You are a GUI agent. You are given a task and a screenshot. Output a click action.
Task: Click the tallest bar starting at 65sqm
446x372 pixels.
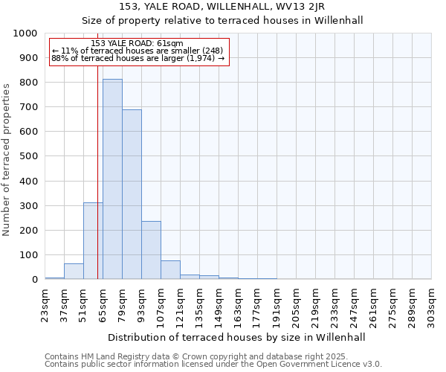point(112,179)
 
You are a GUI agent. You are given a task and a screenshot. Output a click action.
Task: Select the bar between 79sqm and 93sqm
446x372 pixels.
point(132,194)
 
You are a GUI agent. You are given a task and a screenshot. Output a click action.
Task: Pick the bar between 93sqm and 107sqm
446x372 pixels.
point(151,250)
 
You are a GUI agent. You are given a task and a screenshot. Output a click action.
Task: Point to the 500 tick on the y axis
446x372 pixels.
point(29,156)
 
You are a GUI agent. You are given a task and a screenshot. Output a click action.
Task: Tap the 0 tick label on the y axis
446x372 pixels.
point(35,280)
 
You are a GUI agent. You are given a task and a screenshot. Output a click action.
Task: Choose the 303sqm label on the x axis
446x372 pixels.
point(432,304)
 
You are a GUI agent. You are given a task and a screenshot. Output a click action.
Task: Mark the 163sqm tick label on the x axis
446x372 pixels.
point(239,304)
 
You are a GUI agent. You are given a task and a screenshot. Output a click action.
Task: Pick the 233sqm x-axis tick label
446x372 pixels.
point(335,304)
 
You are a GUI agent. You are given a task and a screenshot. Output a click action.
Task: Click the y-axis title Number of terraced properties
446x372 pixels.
point(7,159)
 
